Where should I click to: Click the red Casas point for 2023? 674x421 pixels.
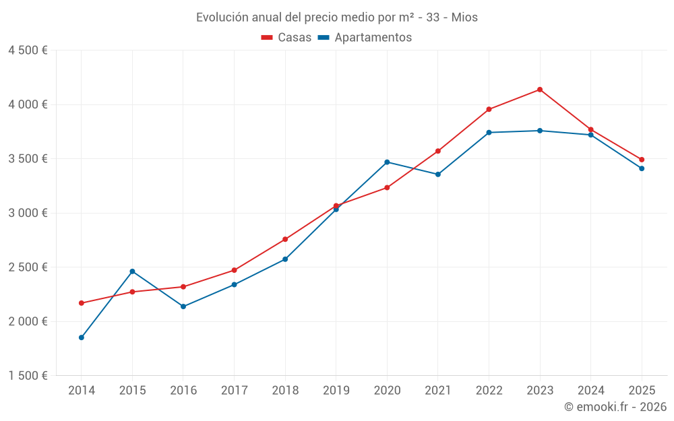click(x=540, y=90)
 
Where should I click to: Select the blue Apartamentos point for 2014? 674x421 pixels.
click(x=82, y=337)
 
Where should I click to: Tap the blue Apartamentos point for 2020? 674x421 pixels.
click(x=387, y=162)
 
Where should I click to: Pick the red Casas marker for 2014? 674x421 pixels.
click(x=82, y=303)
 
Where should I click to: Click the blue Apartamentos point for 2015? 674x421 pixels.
click(x=132, y=271)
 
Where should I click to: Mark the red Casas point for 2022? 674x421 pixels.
click(x=489, y=109)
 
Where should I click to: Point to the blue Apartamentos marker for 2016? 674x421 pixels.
click(x=183, y=306)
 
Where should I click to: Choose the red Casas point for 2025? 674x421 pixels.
click(x=642, y=160)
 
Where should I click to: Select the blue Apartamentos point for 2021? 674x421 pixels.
click(x=438, y=174)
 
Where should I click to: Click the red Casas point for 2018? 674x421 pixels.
click(x=285, y=239)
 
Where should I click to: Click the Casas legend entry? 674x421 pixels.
click(x=286, y=38)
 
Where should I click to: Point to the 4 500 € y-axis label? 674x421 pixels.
click(x=28, y=51)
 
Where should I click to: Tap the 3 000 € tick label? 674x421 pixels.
click(x=28, y=213)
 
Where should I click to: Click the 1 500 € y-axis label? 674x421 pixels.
click(x=28, y=376)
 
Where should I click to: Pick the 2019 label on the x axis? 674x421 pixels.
click(x=336, y=391)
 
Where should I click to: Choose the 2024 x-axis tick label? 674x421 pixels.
click(x=590, y=391)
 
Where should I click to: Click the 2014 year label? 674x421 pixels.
click(x=82, y=391)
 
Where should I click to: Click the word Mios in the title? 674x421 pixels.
click(x=464, y=18)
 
